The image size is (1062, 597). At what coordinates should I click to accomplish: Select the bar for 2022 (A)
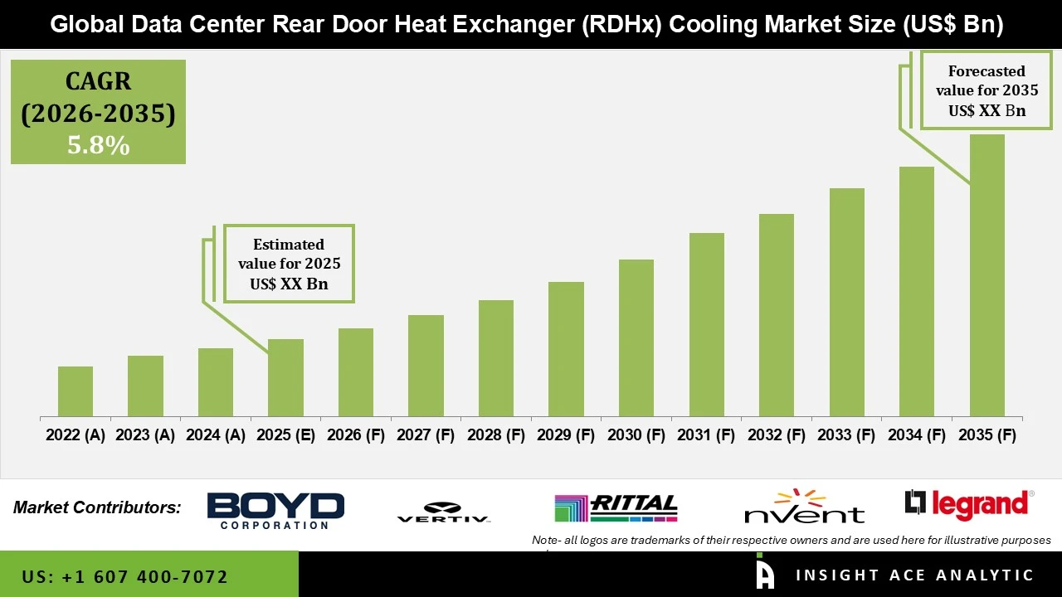(x=76, y=391)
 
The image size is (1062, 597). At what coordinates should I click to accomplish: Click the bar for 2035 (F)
(x=986, y=275)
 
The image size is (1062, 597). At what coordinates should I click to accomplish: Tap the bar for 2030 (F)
(x=636, y=337)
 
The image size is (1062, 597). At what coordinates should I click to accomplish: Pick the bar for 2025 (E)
(x=285, y=377)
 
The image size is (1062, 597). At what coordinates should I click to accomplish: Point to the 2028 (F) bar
(x=496, y=358)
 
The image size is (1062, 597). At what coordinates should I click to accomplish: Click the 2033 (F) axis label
(x=846, y=435)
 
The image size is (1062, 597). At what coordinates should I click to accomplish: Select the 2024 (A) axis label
(x=216, y=435)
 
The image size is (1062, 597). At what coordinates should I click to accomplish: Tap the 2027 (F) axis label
(x=426, y=435)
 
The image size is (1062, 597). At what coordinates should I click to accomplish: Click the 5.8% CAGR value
(x=98, y=146)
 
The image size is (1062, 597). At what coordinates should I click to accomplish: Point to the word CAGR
(x=98, y=81)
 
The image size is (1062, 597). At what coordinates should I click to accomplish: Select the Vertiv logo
(x=443, y=512)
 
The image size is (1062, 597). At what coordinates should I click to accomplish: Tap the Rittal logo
(x=616, y=508)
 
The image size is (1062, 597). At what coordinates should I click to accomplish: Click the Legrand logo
(x=969, y=505)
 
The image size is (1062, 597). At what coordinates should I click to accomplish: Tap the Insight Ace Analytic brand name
(x=914, y=575)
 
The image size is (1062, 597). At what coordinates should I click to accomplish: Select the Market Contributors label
(x=97, y=507)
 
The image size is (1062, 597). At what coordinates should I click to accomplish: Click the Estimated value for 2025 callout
(x=289, y=264)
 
